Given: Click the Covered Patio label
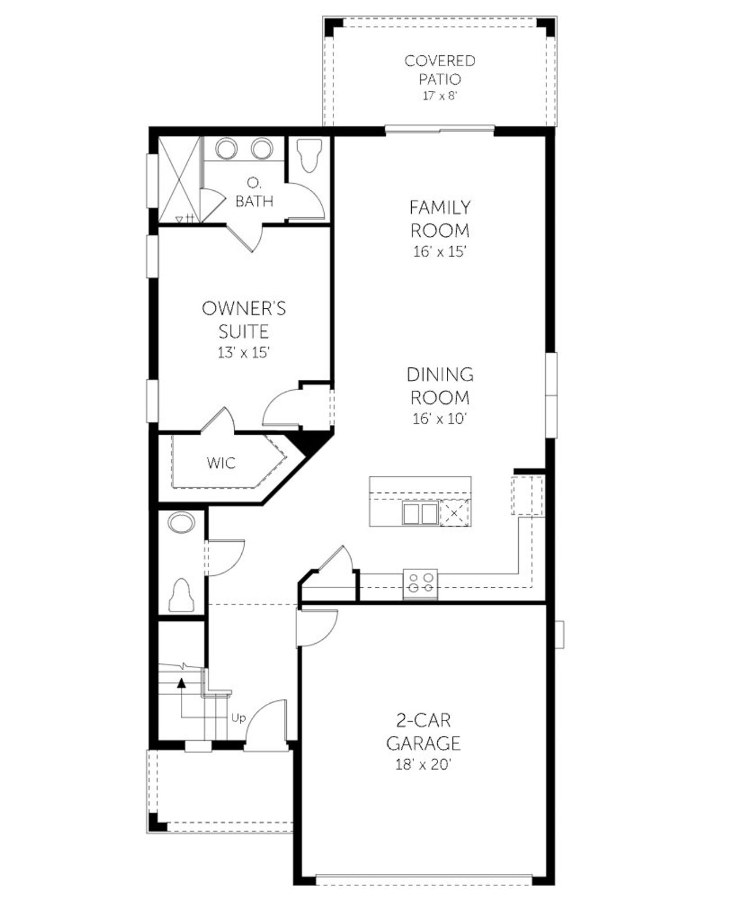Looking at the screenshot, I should coord(439,69).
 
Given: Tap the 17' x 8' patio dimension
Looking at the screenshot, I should coord(439,96).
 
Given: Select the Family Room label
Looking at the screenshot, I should coord(440,218).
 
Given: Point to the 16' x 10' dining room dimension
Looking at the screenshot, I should coord(439,419).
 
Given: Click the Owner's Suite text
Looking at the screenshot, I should coord(244,320).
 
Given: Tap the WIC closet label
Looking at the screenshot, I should coord(221,462).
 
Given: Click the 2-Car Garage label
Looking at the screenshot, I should coord(423,731).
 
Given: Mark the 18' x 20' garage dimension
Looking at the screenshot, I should coord(423,765).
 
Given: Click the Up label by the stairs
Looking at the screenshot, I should coord(238,718).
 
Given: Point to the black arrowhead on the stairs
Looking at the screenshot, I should coord(182,683).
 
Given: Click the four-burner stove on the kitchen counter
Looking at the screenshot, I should coord(420,582).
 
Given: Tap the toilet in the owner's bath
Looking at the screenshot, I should coord(308,157).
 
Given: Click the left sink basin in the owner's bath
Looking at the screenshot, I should coord(226,149).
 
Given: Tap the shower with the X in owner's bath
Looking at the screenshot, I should coord(178,179).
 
